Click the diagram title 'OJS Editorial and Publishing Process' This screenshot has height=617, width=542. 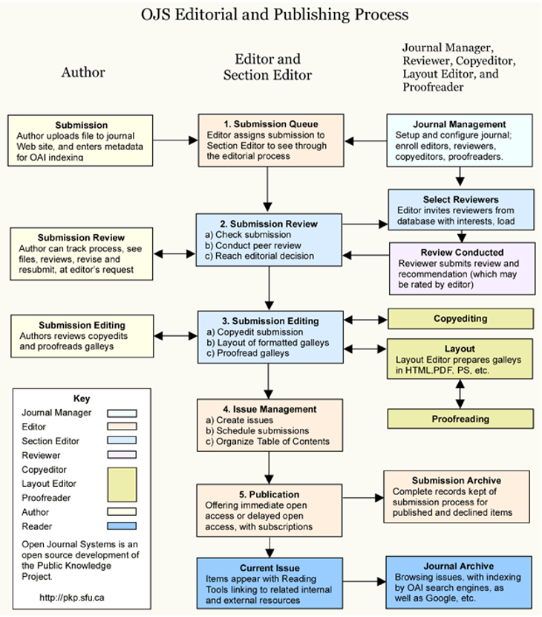pyautogui.click(x=275, y=14)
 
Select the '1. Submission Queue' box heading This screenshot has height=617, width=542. pyautogui.click(x=270, y=123)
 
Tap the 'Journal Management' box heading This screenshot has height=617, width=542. pyautogui.click(x=460, y=124)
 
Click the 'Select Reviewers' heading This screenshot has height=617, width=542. pyautogui.click(x=460, y=200)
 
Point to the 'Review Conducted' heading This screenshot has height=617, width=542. pyautogui.click(x=461, y=252)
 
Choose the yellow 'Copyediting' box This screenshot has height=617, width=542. pyautogui.click(x=460, y=318)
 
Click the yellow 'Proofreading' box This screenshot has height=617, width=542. pyautogui.click(x=460, y=419)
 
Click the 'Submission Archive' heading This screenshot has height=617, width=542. pyautogui.click(x=456, y=480)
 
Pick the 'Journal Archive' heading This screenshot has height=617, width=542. pyautogui.click(x=458, y=566)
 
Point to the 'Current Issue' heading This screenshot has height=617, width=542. pyautogui.click(x=270, y=568)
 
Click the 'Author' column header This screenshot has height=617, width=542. pyautogui.click(x=82, y=72)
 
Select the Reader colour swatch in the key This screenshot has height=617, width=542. pyautogui.click(x=122, y=526)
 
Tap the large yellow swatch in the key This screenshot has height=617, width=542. pyautogui.click(x=122, y=483)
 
